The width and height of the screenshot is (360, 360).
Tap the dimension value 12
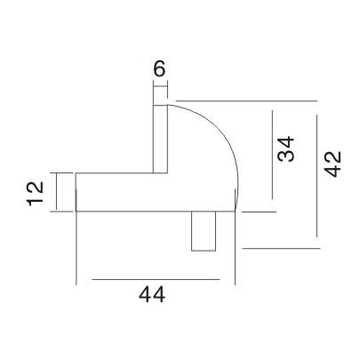tap(36, 193)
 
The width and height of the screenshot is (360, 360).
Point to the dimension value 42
tap(334, 165)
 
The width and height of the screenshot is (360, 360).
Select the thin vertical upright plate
tap(160, 139)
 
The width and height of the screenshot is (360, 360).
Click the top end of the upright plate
tap(160, 104)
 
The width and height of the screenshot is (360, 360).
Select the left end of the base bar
tap(76, 192)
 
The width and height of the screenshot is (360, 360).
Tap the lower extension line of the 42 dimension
tap(276, 248)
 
